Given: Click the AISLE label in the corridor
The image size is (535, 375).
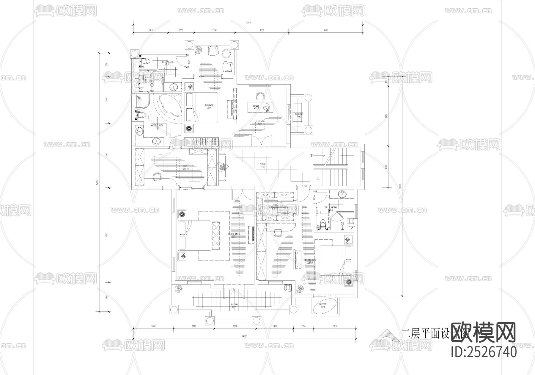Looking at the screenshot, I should coord(263,165).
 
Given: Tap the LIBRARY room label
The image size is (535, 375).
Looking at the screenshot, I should coord(260,122).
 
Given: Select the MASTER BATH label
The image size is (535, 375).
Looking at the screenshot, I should coord(157,126).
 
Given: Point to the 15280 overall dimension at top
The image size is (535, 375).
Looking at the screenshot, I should coord(248,23).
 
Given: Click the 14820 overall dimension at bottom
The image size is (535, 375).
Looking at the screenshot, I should coord(244,336).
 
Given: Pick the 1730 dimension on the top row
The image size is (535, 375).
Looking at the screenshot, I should coord(180,30).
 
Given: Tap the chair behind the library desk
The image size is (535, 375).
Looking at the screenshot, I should coord(260,96).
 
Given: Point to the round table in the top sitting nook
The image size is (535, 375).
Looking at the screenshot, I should coord(227,54).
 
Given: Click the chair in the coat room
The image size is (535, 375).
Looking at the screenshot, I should coord(157,176).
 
